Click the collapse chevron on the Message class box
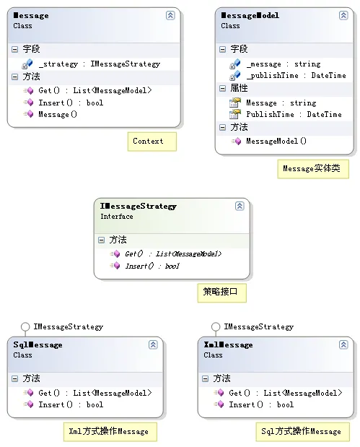[x=170, y=15]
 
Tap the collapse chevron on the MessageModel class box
[x=343, y=15]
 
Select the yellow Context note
[x=152, y=142]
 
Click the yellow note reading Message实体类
[x=313, y=169]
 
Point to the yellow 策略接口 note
[x=222, y=292]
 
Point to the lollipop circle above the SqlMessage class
[x=25, y=326]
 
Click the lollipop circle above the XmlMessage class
[x=216, y=326]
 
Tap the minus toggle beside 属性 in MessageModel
[x=222, y=88]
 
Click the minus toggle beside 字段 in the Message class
[x=15, y=50]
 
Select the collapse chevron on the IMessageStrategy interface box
[x=240, y=206]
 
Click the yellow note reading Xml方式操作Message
[x=110, y=432]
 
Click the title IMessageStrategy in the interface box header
[x=138, y=206]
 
